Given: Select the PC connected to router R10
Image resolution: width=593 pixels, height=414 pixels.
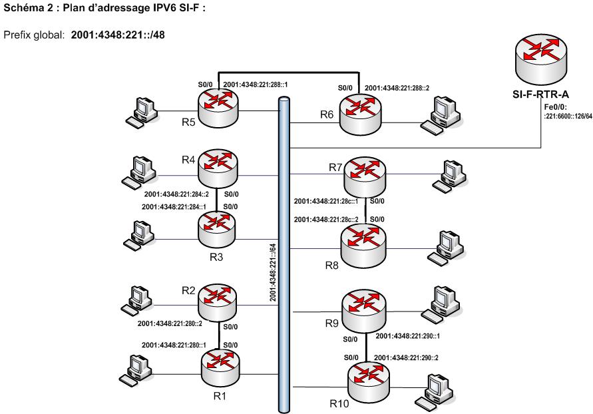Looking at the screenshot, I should click(x=439, y=391).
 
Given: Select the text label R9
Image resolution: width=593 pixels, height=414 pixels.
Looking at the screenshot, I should click(x=331, y=324).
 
